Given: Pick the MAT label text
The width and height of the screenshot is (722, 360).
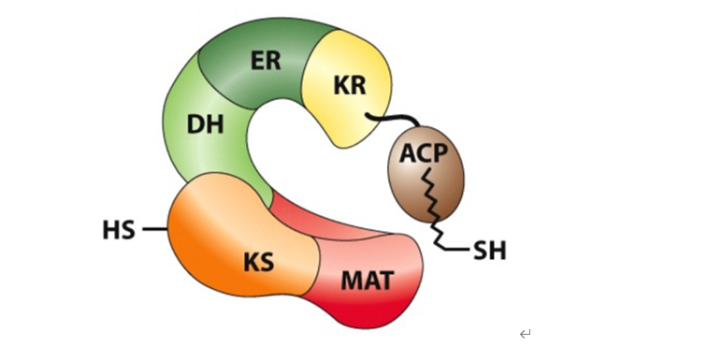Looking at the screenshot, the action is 367,278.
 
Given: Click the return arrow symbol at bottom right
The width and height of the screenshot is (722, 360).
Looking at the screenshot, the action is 526,334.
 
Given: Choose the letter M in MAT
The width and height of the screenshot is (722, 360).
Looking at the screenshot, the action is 349,278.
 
